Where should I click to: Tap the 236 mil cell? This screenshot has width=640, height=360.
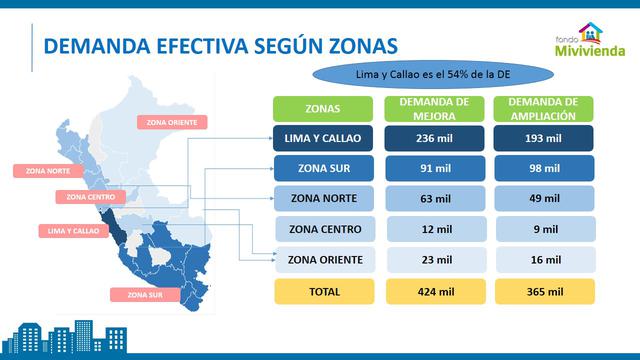tap(433, 138)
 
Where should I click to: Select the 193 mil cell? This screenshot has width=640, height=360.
tap(543, 138)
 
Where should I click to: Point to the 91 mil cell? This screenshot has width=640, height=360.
tap(433, 167)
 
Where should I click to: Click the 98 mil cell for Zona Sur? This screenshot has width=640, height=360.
tap(543, 167)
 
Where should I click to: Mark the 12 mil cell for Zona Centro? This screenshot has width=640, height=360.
tap(433, 230)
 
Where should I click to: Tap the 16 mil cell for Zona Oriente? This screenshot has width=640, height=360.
tap(543, 260)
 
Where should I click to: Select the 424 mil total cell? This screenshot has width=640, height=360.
tap(433, 292)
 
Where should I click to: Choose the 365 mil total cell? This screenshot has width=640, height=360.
tap(543, 292)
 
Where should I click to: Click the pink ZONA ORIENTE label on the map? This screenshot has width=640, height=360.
tap(177, 123)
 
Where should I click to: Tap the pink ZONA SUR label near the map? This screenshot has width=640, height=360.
tap(145, 295)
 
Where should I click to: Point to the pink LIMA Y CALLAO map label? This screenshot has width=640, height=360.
tap(74, 231)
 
